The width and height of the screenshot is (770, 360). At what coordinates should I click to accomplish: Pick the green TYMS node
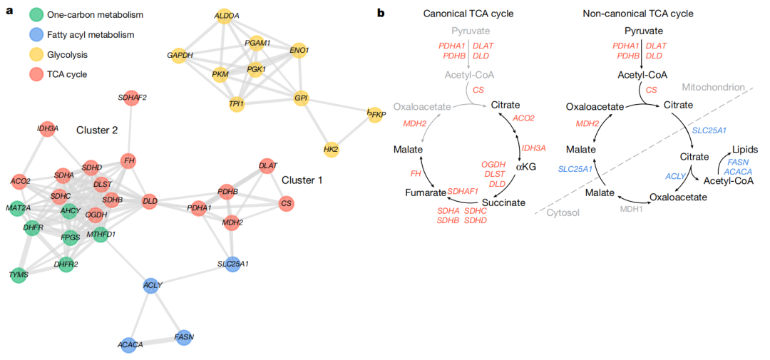tap(18, 275)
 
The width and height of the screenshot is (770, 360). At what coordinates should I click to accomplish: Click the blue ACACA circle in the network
tap(130, 344)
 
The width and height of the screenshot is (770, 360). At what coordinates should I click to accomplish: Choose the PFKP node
tap(375, 115)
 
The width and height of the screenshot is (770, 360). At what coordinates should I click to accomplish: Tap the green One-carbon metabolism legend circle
tap(36, 15)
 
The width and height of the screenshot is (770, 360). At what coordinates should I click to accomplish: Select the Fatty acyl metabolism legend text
tap(91, 34)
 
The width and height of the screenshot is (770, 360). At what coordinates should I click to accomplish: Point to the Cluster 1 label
tap(302, 181)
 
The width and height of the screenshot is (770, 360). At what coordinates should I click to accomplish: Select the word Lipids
tap(744, 148)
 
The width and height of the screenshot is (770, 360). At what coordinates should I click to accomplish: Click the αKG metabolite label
tap(526, 167)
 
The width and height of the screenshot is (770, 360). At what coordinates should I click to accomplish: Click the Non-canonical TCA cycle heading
tap(638, 14)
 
